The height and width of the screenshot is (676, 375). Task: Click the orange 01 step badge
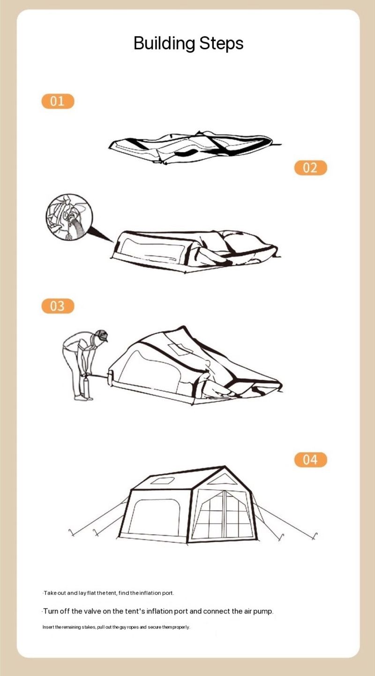click(58, 101)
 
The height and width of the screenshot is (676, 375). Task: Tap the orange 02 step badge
click(310, 167)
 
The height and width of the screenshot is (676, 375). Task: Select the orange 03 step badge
click(58, 306)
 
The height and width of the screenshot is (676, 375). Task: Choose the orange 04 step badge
click(310, 460)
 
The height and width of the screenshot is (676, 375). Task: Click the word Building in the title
click(164, 43)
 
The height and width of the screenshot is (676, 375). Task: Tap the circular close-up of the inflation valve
click(69, 217)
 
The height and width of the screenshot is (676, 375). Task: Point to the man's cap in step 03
click(102, 335)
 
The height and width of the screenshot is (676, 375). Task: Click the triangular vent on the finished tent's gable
click(223, 479)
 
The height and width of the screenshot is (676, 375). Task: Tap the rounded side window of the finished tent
click(154, 517)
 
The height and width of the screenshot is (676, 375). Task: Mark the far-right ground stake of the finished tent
click(315, 536)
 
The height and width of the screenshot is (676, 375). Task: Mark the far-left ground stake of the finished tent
click(71, 533)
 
